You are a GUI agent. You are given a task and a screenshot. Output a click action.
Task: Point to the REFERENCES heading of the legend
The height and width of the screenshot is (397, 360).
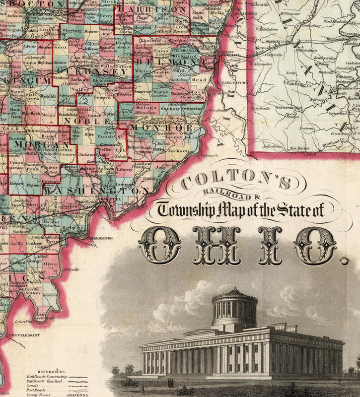coord(41,371)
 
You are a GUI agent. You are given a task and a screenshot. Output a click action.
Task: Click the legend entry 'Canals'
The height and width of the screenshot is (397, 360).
coord(34,385)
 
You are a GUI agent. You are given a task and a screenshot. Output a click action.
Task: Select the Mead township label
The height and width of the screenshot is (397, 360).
coord(199,79)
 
